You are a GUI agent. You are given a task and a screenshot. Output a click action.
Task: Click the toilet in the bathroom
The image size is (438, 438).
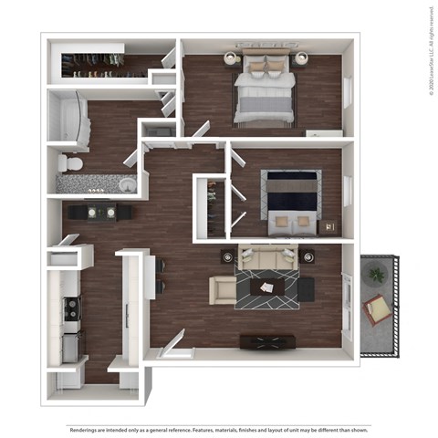tap(71, 162)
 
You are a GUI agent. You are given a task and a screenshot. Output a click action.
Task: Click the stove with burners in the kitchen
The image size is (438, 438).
tap(69, 311)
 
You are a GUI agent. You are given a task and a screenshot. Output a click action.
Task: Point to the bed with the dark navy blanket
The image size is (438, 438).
tap(289, 193)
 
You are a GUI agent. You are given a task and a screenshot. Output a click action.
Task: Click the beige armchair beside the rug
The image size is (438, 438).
tap(222, 290)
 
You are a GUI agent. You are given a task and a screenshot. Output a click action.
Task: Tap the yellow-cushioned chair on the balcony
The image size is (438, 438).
tap(377, 309)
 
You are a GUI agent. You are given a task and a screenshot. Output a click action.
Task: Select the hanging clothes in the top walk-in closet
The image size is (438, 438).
tap(100, 64)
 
